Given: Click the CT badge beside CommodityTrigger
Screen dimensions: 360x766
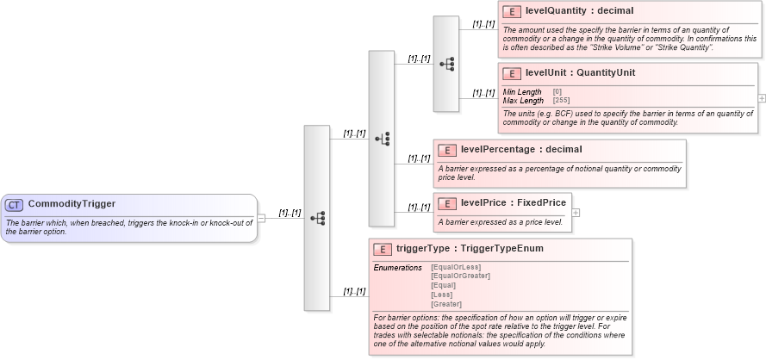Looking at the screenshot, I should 15,205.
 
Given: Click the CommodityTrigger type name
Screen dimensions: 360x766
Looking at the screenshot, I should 72,204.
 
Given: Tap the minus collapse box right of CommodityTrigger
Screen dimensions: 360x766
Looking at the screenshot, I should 261,218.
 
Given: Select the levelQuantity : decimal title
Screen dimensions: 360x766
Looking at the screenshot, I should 579,12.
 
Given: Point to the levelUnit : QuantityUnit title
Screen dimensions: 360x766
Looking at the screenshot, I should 580,73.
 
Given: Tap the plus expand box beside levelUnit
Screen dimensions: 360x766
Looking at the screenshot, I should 762,98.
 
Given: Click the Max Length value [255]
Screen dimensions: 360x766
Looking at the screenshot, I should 561,101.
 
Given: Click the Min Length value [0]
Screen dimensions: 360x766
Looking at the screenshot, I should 557,92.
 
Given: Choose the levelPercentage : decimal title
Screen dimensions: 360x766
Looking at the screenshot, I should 521,150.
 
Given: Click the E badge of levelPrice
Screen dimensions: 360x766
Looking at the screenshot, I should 448,203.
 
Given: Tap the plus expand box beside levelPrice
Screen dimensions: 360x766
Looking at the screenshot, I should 576,212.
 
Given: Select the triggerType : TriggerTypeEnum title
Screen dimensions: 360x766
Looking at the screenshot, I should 469,249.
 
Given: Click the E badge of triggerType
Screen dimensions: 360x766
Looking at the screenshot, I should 383,250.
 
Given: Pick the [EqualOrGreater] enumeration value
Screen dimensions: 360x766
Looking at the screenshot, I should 460,276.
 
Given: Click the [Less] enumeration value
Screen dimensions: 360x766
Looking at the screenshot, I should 441,295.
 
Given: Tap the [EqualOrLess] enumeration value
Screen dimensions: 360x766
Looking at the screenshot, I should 455,267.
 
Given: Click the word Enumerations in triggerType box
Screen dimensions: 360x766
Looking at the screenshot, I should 397,268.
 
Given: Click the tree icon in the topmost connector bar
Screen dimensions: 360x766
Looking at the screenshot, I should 446,64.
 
